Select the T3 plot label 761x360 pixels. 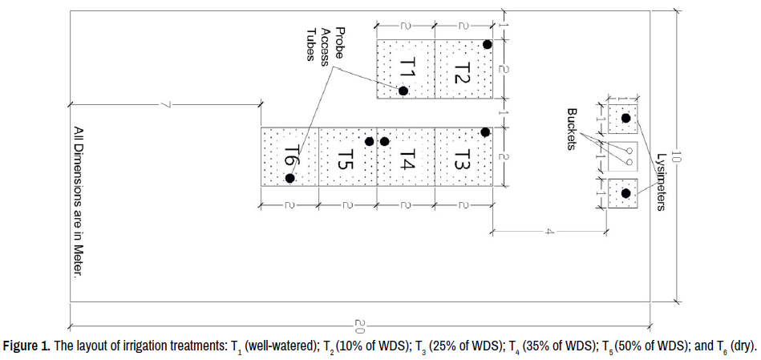click(463, 156)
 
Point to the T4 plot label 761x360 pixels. click(407, 158)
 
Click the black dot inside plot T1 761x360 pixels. click(403, 91)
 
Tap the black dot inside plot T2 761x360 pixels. click(487, 44)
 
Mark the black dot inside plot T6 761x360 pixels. click(290, 178)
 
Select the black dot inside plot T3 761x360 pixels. click(484, 131)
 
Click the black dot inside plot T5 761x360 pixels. click(369, 142)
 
